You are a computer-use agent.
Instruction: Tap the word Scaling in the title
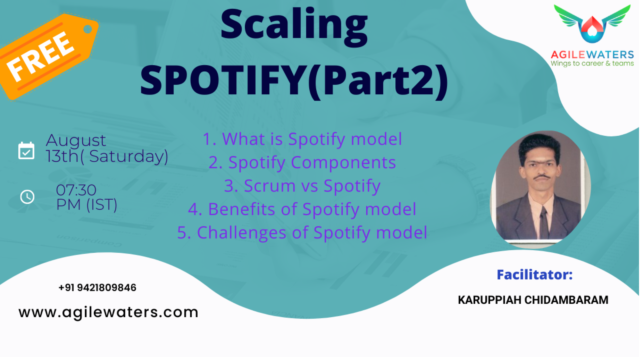point(294,25)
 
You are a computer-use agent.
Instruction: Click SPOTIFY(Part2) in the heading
point(294,81)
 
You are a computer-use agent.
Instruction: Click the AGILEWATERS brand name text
point(592,54)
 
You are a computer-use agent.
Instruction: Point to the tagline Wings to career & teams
point(592,63)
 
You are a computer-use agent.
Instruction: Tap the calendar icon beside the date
point(26,151)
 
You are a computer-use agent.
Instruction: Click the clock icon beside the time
point(27,197)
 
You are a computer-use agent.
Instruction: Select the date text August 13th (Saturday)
point(107,148)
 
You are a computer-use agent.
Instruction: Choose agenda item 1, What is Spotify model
point(302,139)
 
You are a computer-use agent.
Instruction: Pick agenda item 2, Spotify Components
point(302,163)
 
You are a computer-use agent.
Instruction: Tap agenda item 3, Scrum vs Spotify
point(302,186)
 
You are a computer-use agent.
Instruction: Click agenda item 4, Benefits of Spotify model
point(302,209)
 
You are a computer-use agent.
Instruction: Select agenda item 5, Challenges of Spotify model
point(302,233)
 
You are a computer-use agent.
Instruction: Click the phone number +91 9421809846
point(97,288)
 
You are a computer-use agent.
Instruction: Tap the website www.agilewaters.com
point(108,312)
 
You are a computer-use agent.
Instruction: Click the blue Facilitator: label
point(535,275)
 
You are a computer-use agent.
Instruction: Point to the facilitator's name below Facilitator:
point(533,300)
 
